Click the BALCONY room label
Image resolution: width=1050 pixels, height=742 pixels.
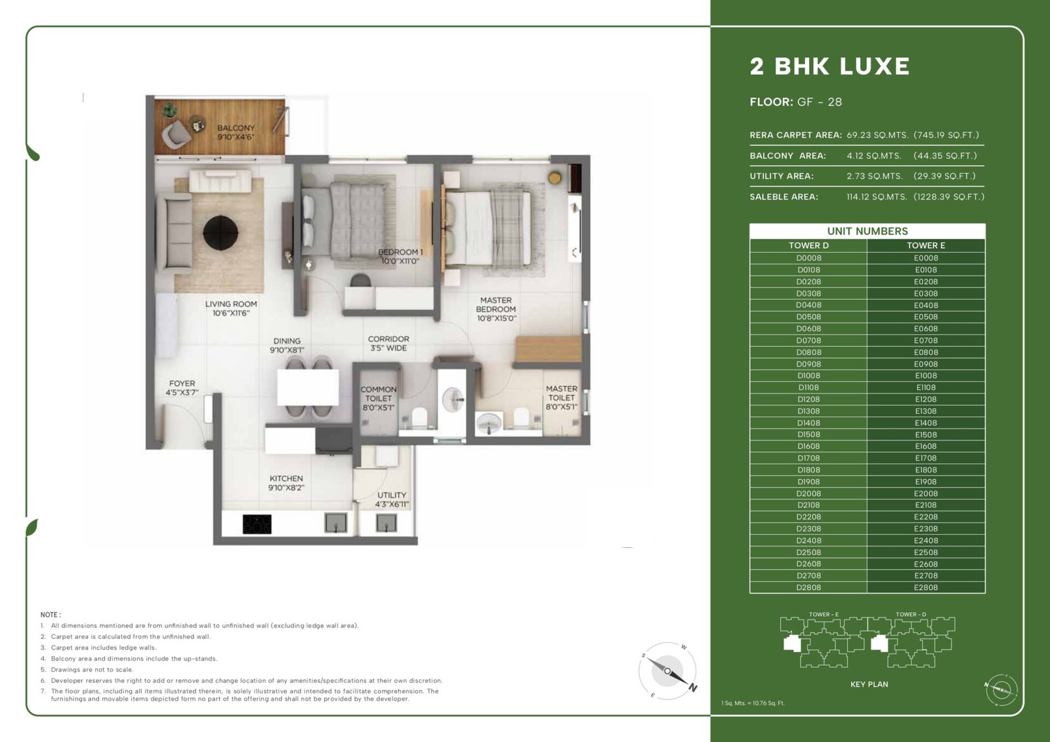(x=236, y=127)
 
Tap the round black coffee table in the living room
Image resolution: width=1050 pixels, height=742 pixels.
(x=220, y=232)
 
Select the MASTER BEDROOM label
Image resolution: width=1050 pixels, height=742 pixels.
(x=496, y=304)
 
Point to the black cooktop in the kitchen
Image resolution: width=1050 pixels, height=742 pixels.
(x=257, y=524)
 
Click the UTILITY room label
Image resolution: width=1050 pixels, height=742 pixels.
(x=392, y=495)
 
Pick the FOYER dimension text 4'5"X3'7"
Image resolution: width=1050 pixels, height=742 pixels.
(x=182, y=392)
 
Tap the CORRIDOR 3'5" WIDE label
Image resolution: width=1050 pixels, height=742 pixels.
(x=388, y=343)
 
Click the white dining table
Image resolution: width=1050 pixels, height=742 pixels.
(x=308, y=387)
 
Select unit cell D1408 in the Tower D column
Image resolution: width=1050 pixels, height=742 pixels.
(x=808, y=423)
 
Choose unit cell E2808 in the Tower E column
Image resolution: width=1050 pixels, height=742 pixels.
(x=926, y=587)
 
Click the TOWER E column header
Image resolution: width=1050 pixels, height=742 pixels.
(x=926, y=245)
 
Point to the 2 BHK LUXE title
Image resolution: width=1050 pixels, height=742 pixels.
(x=829, y=66)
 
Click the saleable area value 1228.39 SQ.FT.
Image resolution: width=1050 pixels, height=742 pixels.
(x=949, y=197)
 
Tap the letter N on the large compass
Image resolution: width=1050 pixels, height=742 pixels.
(x=693, y=688)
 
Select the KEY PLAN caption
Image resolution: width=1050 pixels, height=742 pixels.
(x=869, y=684)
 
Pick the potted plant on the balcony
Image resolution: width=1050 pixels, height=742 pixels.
(x=169, y=110)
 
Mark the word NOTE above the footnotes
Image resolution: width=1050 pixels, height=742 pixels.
(x=50, y=615)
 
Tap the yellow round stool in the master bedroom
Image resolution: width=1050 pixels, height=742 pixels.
(x=555, y=178)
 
